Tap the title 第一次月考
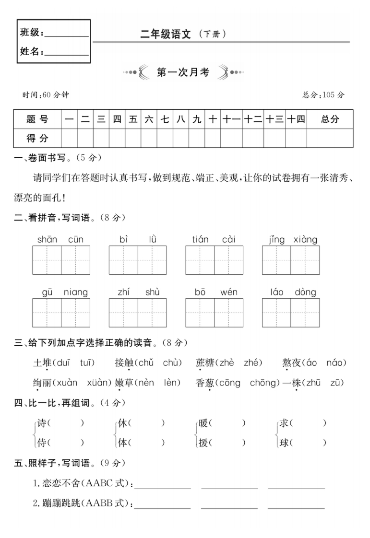(183, 72)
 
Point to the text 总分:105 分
(323, 95)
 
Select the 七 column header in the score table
(165, 119)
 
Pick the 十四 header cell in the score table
(296, 119)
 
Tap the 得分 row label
(37, 138)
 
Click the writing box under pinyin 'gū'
(47, 313)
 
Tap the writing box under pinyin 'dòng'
(305, 313)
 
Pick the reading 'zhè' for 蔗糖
(224, 363)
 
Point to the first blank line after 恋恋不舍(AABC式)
(163, 485)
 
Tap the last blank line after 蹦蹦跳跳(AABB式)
(296, 505)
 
